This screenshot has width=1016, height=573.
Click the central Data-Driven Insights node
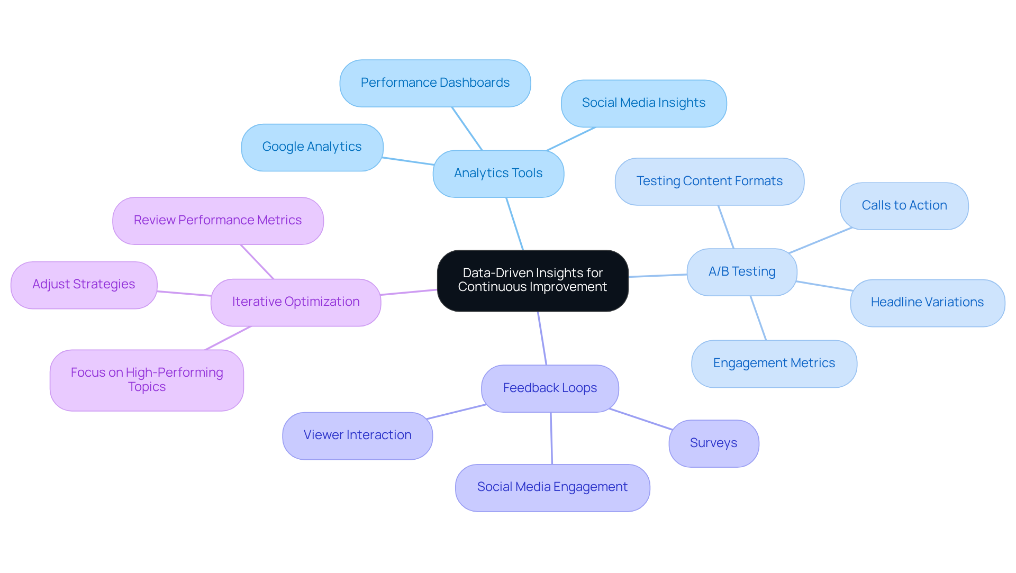tap(532, 280)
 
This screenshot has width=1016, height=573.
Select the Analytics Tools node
tap(498, 174)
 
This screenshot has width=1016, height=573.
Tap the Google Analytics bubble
tap(312, 147)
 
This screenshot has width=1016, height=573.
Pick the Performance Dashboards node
tap(435, 83)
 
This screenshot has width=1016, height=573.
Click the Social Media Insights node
tap(643, 103)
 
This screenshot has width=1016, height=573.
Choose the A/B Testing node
tap(741, 272)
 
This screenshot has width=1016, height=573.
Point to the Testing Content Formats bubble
tap(709, 181)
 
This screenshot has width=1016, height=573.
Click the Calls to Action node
tap(904, 206)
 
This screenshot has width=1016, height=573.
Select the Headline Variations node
tap(927, 303)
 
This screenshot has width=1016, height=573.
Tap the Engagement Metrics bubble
tap(774, 363)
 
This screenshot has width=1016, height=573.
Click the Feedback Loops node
tap(550, 388)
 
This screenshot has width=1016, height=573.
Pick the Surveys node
tap(713, 443)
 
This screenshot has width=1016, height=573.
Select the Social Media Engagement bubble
tap(552, 487)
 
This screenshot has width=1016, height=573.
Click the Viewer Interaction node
tap(357, 435)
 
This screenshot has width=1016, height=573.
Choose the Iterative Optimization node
tap(295, 302)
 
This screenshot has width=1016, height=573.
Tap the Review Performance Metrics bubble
tap(217, 221)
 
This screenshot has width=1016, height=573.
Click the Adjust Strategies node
tap(84, 285)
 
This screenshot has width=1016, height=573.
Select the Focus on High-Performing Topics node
tap(147, 380)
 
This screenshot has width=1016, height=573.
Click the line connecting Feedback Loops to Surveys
tap(641, 419)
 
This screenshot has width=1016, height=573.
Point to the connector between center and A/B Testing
tap(657, 276)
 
